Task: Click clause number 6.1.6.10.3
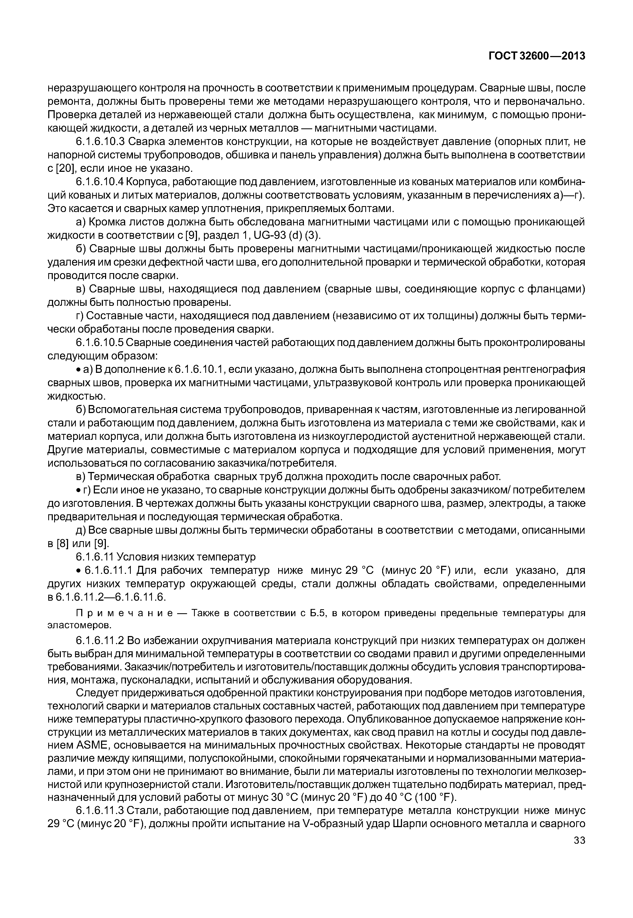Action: [x=100, y=142]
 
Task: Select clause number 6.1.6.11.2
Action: [x=100, y=641]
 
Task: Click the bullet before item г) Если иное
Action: [x=79, y=490]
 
